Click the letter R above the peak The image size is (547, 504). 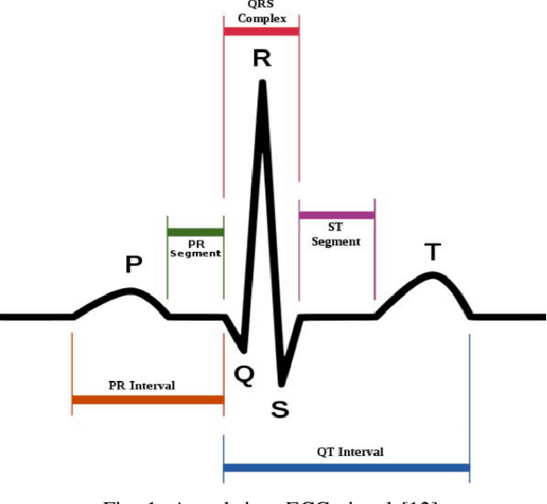click(262, 59)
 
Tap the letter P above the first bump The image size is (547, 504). click(133, 264)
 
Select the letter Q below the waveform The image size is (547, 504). click(244, 376)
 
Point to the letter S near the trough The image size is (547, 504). click(279, 409)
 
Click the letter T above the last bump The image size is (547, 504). click(433, 252)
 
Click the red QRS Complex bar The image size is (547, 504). click(261, 31)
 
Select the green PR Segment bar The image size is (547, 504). click(196, 231)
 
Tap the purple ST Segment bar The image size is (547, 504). click(337, 214)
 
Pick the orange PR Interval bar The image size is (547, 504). click(148, 399)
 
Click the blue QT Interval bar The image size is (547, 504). click(346, 467)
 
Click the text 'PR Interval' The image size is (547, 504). click(142, 385)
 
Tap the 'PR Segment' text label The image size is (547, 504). click(196, 248)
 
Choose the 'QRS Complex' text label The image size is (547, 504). click(262, 12)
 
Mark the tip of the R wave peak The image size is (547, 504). click(262, 83)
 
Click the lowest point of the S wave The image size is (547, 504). click(280, 382)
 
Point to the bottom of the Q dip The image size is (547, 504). click(244, 350)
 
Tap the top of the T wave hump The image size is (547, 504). click(433, 275)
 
